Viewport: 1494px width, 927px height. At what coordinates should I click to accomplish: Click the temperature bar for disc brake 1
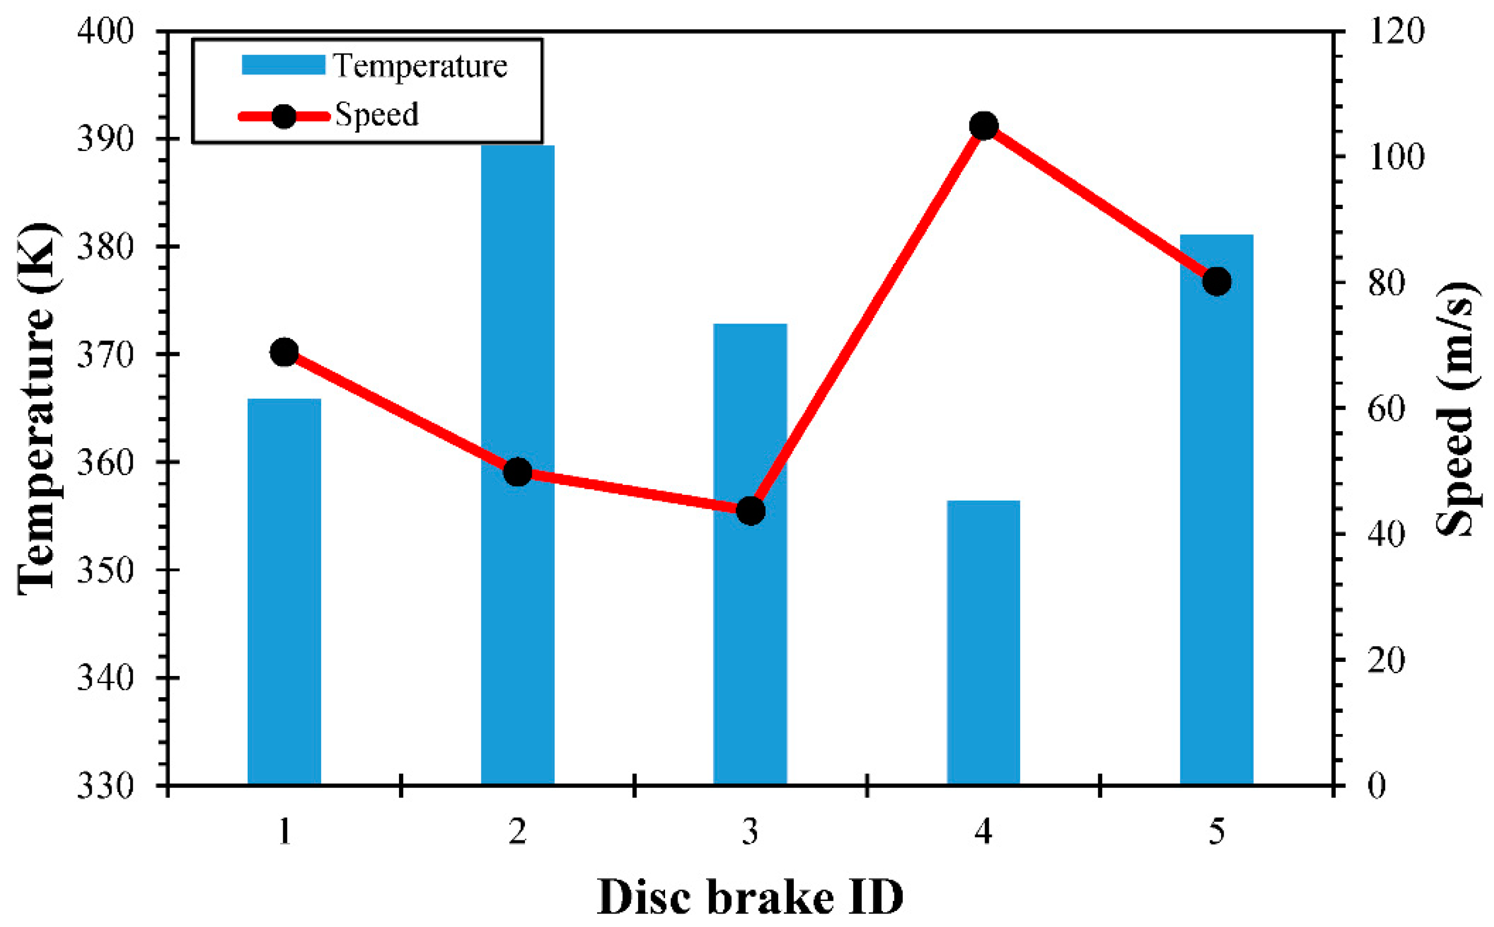tap(284, 592)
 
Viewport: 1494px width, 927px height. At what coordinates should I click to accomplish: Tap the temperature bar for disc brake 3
tap(750, 613)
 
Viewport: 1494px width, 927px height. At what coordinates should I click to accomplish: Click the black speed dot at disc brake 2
tap(517, 472)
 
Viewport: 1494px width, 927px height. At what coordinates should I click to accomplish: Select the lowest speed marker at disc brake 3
tap(750, 511)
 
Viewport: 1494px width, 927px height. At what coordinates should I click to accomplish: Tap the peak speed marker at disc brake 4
tap(984, 126)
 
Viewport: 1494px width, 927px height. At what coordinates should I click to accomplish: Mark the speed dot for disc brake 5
tap(1216, 281)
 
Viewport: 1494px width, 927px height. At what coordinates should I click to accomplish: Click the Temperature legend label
tap(420, 65)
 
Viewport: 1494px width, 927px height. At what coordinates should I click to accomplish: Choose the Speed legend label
tap(377, 115)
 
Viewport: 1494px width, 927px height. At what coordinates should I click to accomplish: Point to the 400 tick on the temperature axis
tap(105, 31)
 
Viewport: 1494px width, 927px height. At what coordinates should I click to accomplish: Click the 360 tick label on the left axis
tap(105, 462)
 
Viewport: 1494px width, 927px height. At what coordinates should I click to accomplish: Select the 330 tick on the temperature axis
tap(105, 785)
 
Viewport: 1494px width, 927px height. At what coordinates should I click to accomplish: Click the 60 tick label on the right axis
tap(1386, 408)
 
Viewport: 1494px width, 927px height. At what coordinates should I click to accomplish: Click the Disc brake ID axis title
tap(750, 897)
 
